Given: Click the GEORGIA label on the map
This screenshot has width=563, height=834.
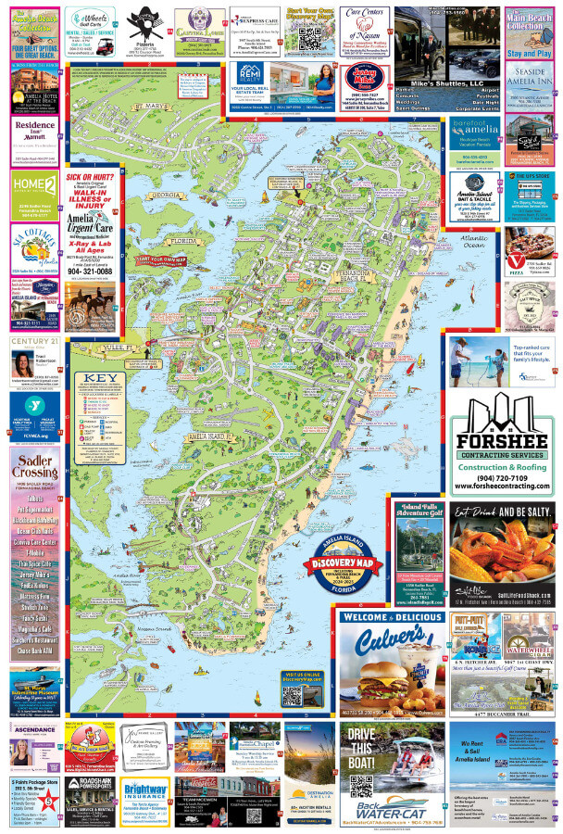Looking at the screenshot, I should (x=167, y=196).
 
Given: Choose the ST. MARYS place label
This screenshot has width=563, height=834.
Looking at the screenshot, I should (x=148, y=107).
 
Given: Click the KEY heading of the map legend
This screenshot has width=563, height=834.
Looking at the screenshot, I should (x=95, y=378).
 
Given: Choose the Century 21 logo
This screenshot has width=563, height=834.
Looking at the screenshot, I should (x=33, y=344).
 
